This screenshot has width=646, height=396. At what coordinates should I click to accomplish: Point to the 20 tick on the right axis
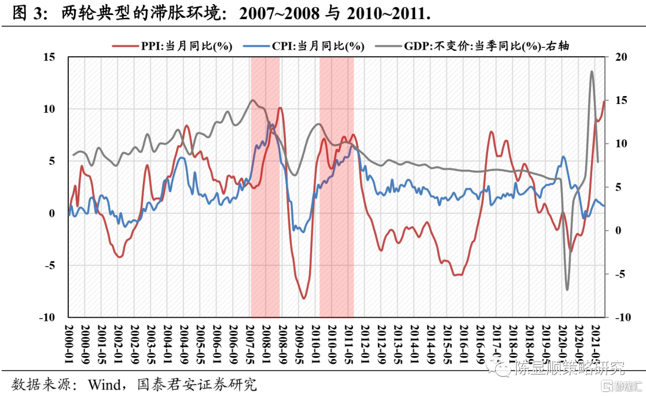click(620, 57)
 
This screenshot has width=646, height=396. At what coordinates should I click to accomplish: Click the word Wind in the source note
click(105, 382)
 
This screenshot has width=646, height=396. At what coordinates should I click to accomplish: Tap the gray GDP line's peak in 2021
click(592, 72)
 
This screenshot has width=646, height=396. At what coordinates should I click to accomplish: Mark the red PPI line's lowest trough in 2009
click(304, 297)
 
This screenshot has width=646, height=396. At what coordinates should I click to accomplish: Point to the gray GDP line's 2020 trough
click(567, 290)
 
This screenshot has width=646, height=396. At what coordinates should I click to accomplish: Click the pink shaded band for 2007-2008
click(265, 239)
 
